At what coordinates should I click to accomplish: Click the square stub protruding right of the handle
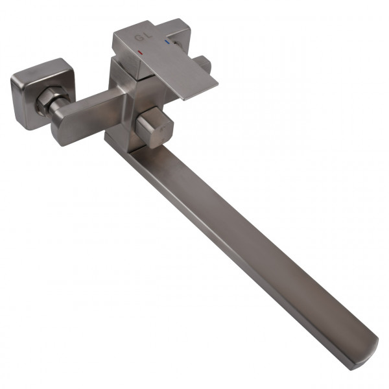202,65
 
